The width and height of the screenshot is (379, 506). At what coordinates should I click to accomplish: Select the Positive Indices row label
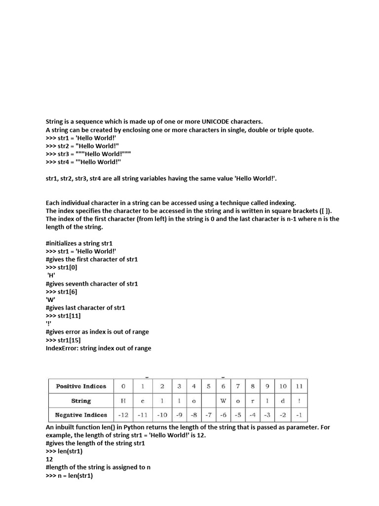click(81, 386)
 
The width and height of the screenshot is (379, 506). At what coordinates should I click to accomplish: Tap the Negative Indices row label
click(81, 415)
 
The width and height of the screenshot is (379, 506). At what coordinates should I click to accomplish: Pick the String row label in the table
click(81, 401)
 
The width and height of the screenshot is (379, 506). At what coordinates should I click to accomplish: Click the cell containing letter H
click(123, 401)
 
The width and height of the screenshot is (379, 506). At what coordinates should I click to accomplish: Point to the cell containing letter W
click(223, 401)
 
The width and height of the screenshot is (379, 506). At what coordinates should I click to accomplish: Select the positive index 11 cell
click(299, 386)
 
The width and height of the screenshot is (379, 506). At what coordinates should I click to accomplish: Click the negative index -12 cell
click(123, 415)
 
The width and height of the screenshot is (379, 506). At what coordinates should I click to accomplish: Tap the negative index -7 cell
click(209, 415)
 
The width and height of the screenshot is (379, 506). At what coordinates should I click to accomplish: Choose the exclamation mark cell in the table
click(299, 401)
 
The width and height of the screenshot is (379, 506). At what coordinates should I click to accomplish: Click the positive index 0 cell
click(123, 386)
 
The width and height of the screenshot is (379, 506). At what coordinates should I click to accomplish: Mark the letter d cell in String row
click(283, 401)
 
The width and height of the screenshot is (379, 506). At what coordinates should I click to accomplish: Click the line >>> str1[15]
click(63, 340)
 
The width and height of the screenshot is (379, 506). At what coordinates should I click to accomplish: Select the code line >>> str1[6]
click(61, 292)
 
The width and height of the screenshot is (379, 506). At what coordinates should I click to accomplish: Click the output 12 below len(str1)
click(49, 459)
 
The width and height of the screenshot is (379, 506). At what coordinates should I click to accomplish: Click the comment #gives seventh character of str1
click(92, 284)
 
